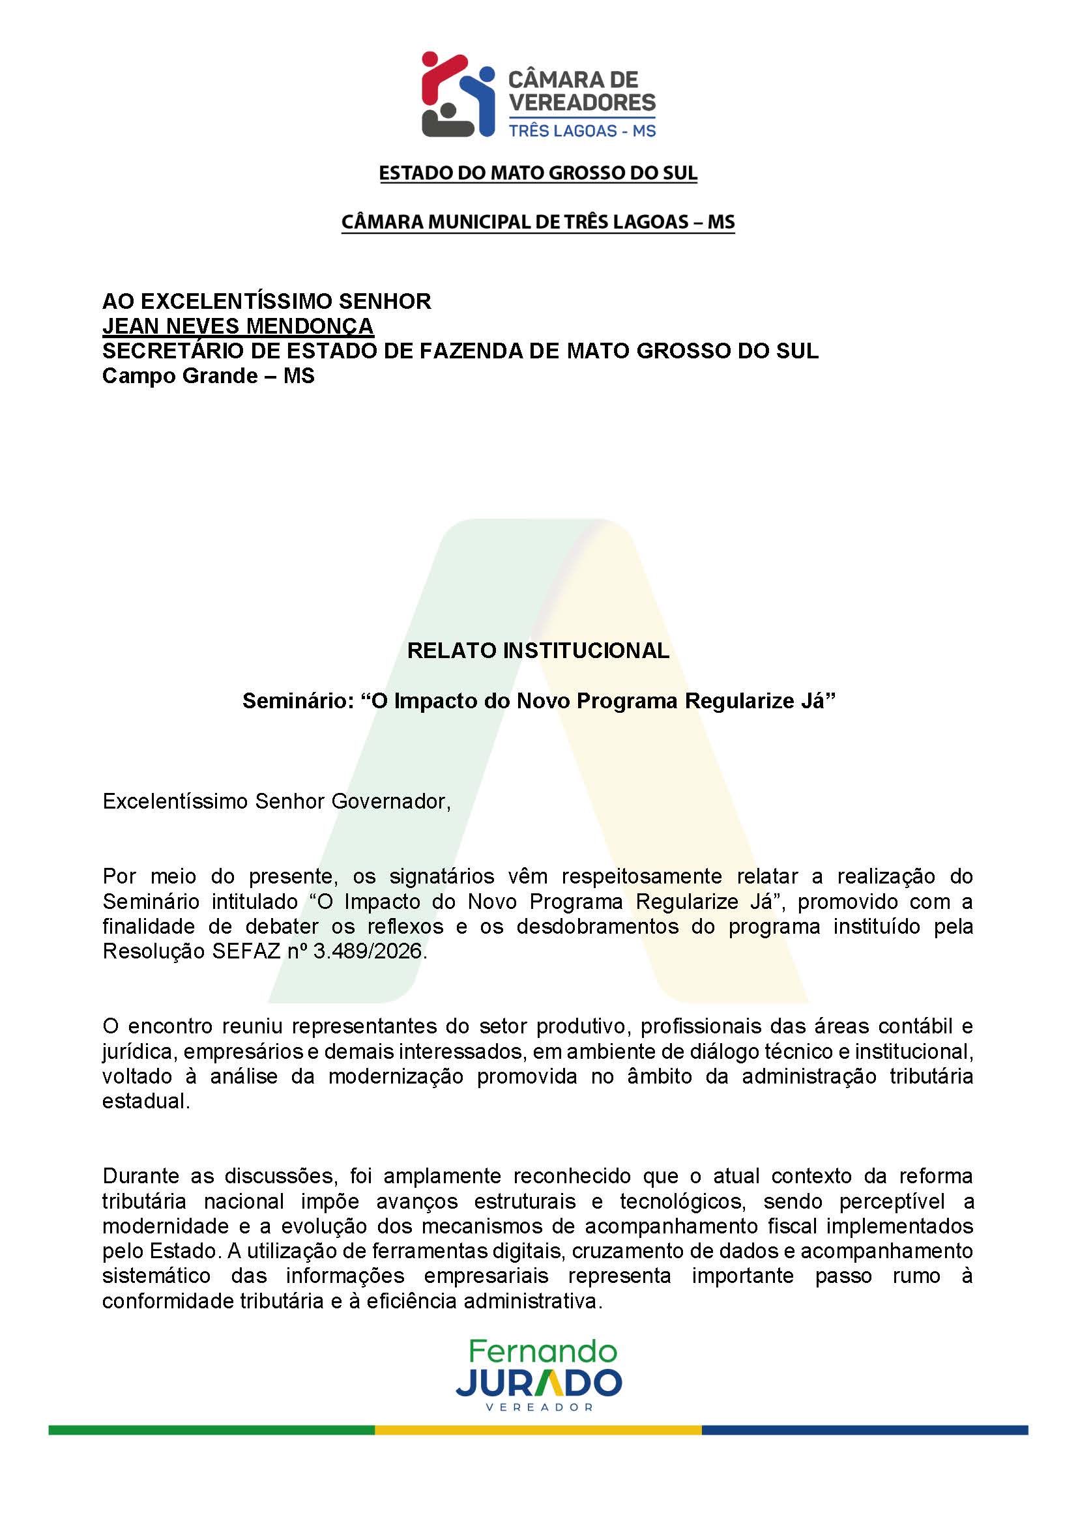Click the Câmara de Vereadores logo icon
(x=458, y=94)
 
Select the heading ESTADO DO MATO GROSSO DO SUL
(x=538, y=173)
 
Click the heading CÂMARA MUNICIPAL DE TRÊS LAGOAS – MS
(x=538, y=222)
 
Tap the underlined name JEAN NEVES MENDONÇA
(x=238, y=326)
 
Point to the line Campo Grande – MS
(x=209, y=376)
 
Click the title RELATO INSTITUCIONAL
(x=538, y=650)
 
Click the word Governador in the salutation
(x=390, y=801)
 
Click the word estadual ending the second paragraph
(x=146, y=1101)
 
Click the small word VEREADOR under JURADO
(x=539, y=1407)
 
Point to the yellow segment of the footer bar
(x=538, y=1430)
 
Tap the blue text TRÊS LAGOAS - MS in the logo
(x=582, y=131)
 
